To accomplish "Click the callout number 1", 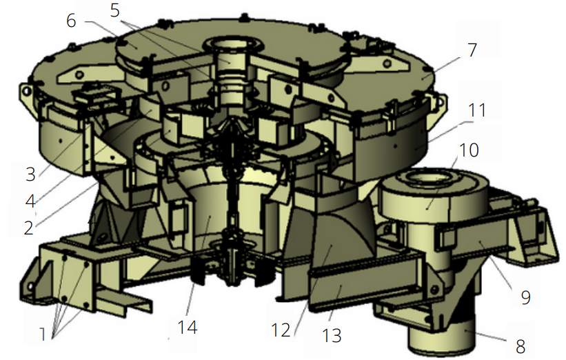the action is (x=43, y=334).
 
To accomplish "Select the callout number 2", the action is (x=29, y=228).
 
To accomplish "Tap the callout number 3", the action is (x=31, y=174).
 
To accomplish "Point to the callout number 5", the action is (x=115, y=10).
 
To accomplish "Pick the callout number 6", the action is (x=72, y=21).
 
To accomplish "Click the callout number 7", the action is (x=472, y=50).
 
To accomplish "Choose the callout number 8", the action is (x=520, y=347).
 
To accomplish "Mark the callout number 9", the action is (x=526, y=297).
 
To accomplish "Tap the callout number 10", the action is (x=469, y=150).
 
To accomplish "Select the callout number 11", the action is (x=477, y=110).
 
